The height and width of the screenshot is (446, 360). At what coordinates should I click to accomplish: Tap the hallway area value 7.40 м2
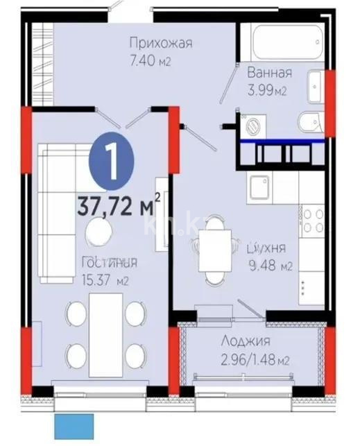pos(151,62)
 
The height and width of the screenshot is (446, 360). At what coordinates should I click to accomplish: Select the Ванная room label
pos(270,72)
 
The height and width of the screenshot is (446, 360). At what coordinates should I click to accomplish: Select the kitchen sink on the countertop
pos(261,187)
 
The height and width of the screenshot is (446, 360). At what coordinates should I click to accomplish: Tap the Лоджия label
pos(246,341)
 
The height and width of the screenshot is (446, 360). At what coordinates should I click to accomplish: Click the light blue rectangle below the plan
pos(74,427)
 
